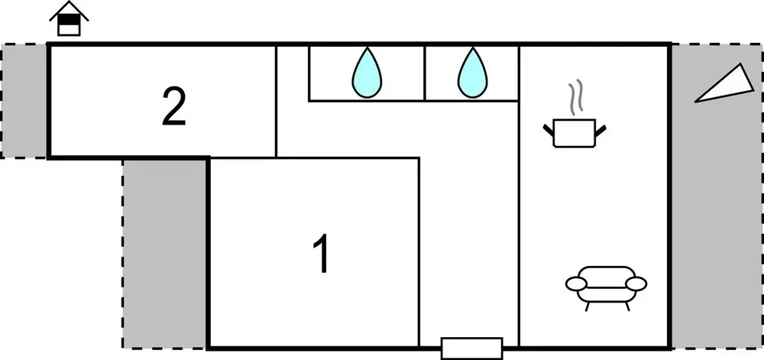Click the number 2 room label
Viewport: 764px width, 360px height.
174,108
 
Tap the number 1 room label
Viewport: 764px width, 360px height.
322,254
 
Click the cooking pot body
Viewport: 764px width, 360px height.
575,133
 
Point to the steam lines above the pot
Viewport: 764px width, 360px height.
575,96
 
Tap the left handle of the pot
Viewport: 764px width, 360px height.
549,130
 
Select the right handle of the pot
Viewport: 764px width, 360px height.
601,130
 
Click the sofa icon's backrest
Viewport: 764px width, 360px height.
606,273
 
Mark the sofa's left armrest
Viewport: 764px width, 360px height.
575,283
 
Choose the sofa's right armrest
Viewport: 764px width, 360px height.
636,283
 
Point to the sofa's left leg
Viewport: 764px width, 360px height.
587,306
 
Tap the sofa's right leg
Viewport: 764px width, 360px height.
627,306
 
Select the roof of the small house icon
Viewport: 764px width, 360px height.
69,11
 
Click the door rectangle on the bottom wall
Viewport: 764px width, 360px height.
471,349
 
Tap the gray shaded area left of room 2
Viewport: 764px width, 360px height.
24,101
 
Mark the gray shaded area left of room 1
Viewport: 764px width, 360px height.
165,254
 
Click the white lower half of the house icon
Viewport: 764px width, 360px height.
69,30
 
